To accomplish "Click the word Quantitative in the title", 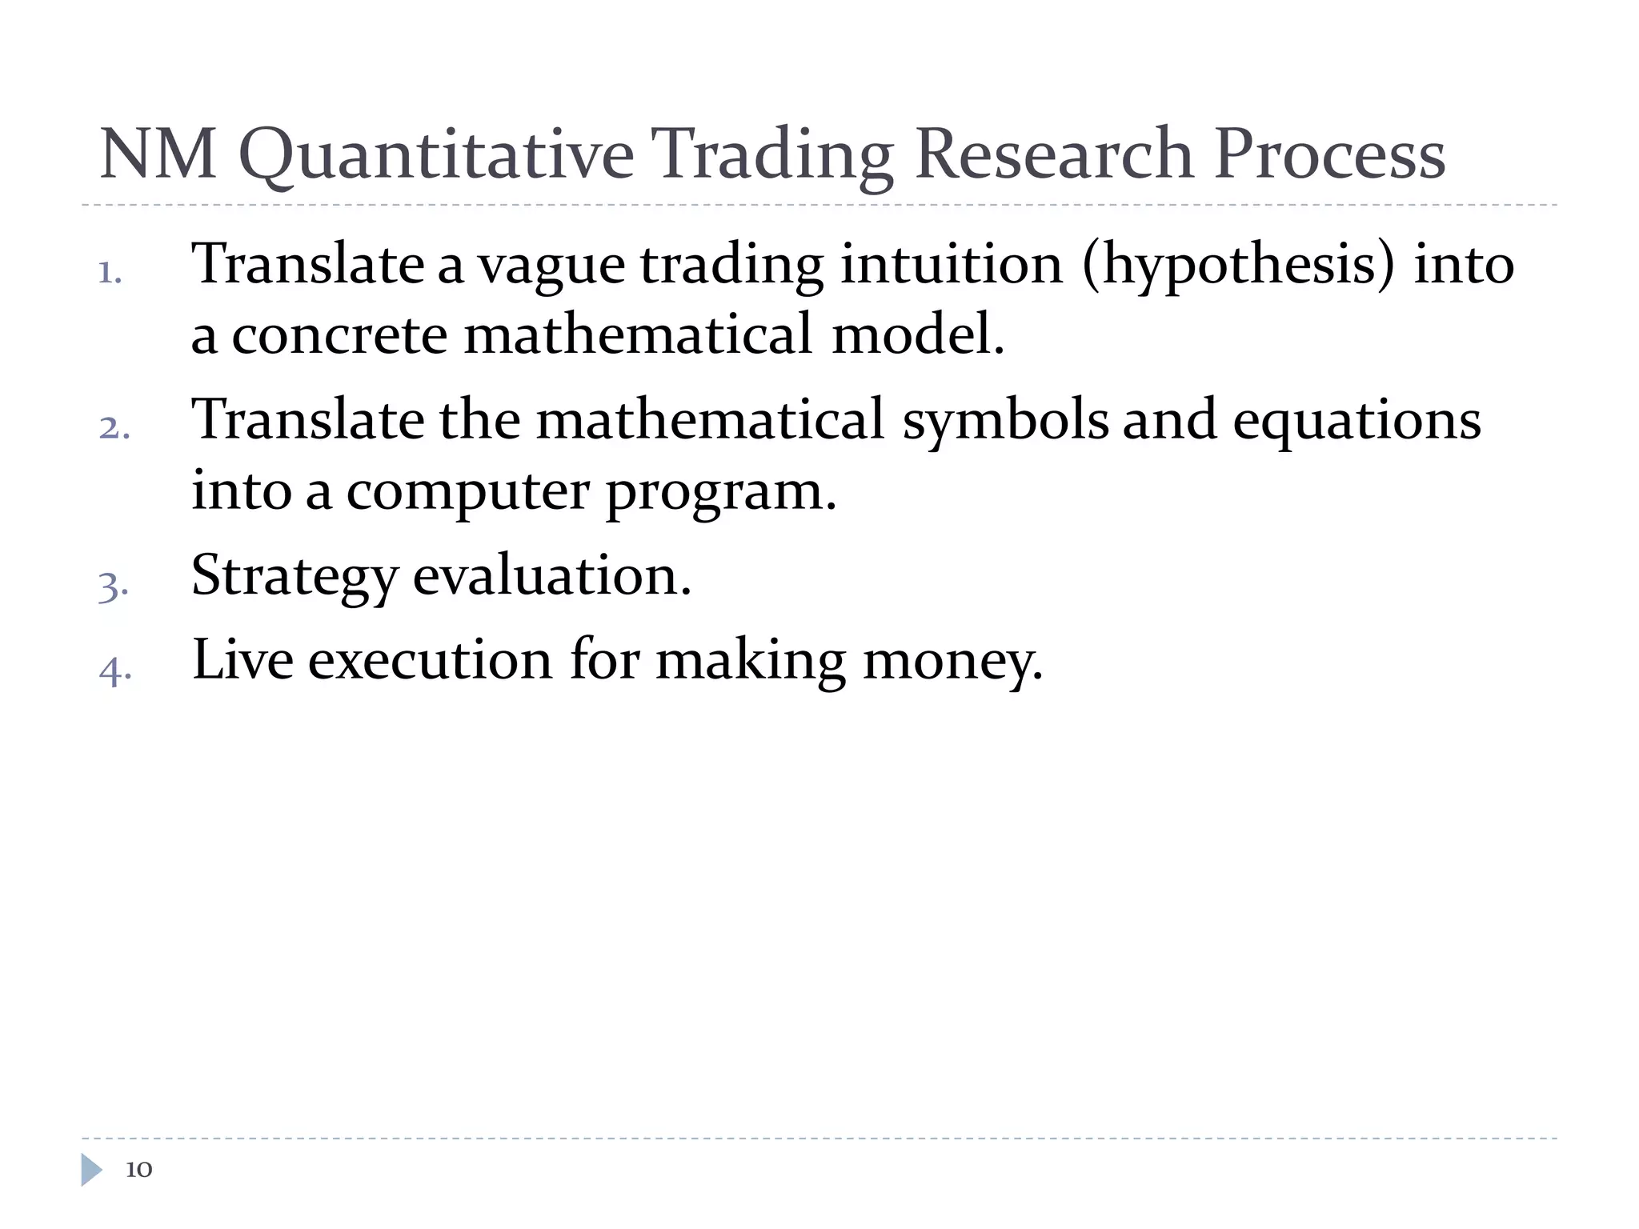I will tap(436, 154).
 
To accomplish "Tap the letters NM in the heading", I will tap(158, 154).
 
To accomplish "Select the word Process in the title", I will tap(1329, 154).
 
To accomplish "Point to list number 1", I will tap(110, 274).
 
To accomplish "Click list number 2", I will tap(114, 428).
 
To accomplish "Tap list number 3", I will tap(113, 586).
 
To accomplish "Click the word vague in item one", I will tap(551, 266).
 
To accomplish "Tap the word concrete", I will tap(339, 334).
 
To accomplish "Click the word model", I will tap(917, 334).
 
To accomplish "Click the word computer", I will tap(467, 490).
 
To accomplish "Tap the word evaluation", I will tap(551, 576).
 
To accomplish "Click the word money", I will tap(952, 663).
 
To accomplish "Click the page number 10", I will tap(138, 1170).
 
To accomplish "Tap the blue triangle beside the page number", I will tap(91, 1170).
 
